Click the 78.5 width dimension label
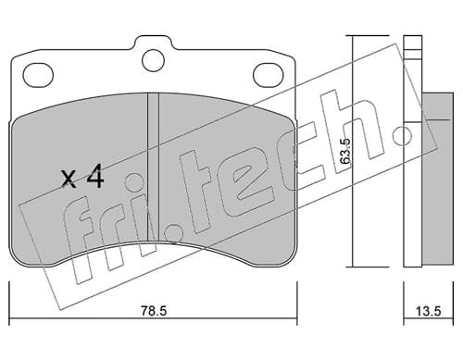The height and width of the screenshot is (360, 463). pyautogui.click(x=154, y=311)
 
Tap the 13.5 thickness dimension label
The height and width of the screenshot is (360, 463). pyautogui.click(x=428, y=311)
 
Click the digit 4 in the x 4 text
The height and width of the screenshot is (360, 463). pyautogui.click(x=95, y=176)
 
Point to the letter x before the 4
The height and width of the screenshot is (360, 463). pyautogui.click(x=69, y=180)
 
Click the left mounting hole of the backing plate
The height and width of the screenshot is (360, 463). pyautogui.click(x=38, y=75)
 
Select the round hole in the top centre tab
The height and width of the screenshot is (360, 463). pyautogui.click(x=153, y=60)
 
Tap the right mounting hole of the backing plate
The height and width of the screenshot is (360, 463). pyautogui.click(x=268, y=75)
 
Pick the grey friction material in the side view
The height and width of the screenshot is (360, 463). pyautogui.click(x=438, y=179)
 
